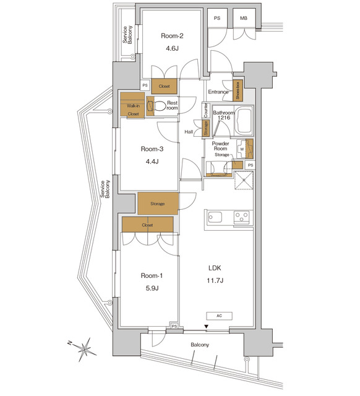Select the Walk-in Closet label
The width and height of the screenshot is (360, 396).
pyautogui.click(x=133, y=106)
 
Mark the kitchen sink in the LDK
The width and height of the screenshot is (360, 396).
pyautogui.click(x=216, y=217)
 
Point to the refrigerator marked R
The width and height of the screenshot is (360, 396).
pyautogui.click(x=244, y=181)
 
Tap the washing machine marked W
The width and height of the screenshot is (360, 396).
pyautogui.click(x=242, y=149)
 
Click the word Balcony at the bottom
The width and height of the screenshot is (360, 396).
pyautogui.click(x=199, y=345)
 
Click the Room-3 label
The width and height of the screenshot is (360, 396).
pyautogui.click(x=151, y=149)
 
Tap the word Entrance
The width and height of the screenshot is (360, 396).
pyautogui.click(x=218, y=92)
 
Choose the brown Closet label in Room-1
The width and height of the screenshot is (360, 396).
pyautogui.click(x=147, y=225)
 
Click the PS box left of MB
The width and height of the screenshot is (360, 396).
pyautogui.click(x=217, y=19)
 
